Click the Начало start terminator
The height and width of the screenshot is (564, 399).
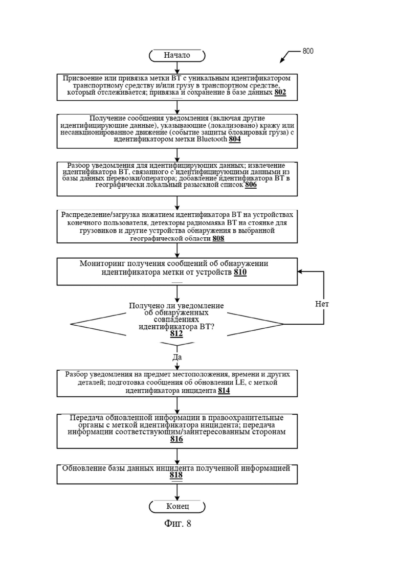pos(177,55)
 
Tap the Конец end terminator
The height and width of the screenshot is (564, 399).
pos(177,506)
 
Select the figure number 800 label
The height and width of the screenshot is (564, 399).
pos(308,51)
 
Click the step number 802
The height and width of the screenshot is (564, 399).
pos(280,93)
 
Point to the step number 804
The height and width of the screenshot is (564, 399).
pos(235,139)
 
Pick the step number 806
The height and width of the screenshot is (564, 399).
pos(251,185)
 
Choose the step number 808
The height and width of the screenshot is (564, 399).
pos(218,238)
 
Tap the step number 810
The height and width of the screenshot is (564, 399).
pos(240,273)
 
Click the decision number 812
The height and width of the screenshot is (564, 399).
pos(176,334)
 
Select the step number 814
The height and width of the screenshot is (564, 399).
pos(224,391)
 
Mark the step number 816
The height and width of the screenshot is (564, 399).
pos(176,439)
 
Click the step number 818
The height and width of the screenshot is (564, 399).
pos(176,475)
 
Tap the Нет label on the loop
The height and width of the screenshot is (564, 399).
pos(322,304)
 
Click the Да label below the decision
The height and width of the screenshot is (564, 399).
pos(177,357)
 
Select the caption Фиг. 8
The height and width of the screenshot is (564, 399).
pos(178,524)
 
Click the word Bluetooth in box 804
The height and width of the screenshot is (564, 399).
pos(212,139)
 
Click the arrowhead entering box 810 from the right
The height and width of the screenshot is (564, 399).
pos(300,272)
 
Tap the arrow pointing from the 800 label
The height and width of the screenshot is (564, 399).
pos(290,57)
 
